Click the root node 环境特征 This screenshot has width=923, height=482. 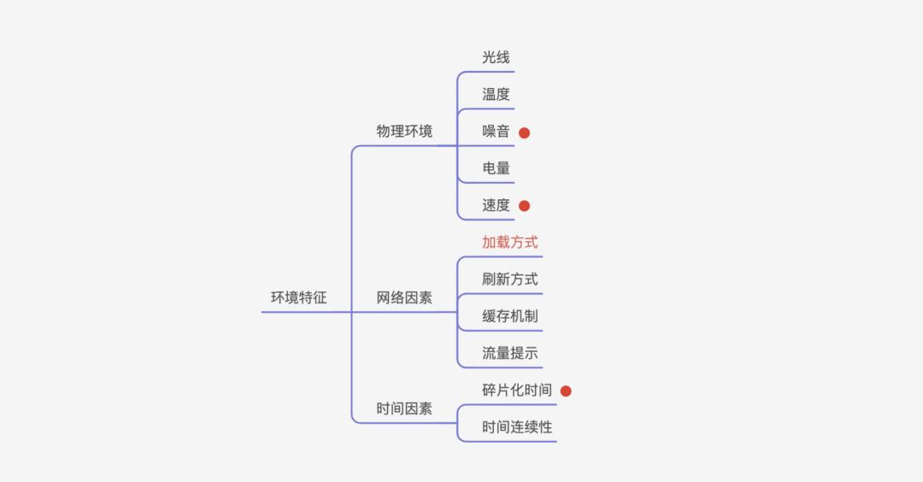tap(298, 298)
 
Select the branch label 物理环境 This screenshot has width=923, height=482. tap(404, 132)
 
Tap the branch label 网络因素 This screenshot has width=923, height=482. tap(404, 298)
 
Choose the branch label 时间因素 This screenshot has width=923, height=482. tap(404, 409)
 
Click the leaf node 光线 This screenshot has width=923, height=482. tap(496, 57)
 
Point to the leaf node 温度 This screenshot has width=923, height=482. tap(496, 94)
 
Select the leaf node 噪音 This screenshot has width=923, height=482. tap(496, 132)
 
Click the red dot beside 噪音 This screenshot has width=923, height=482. tap(525, 132)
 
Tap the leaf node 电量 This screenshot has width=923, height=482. tap(496, 168)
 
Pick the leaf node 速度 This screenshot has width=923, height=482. tap(496, 205)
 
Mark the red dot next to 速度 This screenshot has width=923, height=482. tap(525, 206)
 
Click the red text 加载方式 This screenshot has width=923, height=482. tap(509, 243)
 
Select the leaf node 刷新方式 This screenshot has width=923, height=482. tap(509, 279)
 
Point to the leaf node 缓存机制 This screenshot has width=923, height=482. tap(509, 316)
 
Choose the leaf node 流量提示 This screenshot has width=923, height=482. tap(509, 353)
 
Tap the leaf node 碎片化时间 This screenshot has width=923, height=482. tap(516, 391)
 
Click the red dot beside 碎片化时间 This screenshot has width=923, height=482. tap(566, 391)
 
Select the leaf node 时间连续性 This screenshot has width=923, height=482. tap(516, 427)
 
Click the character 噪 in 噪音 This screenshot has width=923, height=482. tap(489, 132)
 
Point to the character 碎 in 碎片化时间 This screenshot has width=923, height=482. tap(489, 391)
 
